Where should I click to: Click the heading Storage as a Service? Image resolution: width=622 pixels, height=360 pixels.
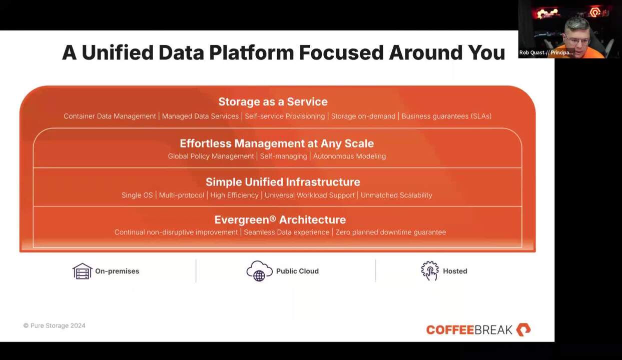(x=273, y=102)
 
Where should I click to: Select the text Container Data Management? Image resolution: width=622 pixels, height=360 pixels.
(x=110, y=116)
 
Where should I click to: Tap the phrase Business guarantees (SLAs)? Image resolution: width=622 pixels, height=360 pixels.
(x=446, y=116)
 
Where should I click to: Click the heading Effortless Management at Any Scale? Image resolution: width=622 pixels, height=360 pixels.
(x=277, y=143)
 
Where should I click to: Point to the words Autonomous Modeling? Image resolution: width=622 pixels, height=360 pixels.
(x=350, y=156)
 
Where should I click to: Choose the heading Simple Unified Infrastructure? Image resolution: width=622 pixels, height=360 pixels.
(x=283, y=182)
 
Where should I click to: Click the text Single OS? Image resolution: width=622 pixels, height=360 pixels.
(x=137, y=195)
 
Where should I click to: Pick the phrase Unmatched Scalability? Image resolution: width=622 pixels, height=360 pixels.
(x=396, y=195)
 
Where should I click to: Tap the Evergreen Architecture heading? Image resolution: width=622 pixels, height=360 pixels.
(x=280, y=219)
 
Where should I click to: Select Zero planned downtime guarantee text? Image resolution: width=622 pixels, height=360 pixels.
(x=391, y=232)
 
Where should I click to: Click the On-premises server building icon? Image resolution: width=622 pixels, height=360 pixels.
(x=82, y=271)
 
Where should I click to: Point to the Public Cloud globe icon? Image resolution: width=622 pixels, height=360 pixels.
(x=259, y=271)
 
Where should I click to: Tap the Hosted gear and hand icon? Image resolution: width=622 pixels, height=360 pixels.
(x=430, y=270)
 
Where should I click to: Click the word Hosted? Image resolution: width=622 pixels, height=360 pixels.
(x=455, y=271)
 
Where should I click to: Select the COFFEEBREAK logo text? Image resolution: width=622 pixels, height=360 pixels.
(x=469, y=330)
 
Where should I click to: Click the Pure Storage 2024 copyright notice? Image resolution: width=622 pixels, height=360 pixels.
(x=55, y=325)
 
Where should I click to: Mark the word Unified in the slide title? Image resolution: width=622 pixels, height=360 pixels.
(x=118, y=52)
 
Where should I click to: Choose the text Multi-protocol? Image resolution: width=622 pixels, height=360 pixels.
(x=181, y=195)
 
